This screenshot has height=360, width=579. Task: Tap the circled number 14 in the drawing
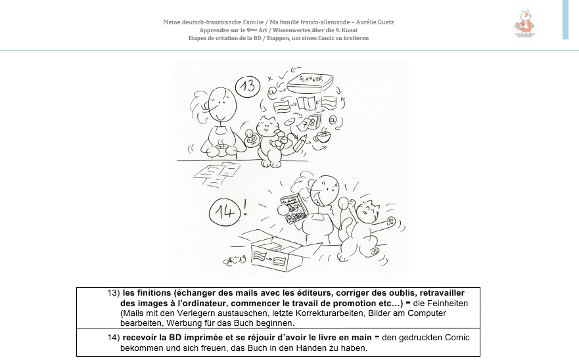click(x=221, y=213)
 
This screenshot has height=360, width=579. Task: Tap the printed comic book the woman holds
click(x=291, y=207)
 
